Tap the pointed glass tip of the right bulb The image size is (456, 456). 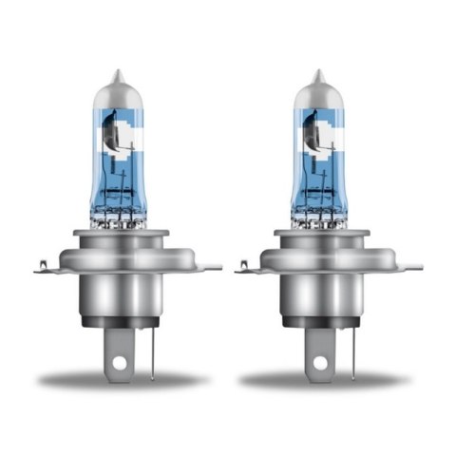[319, 75]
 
